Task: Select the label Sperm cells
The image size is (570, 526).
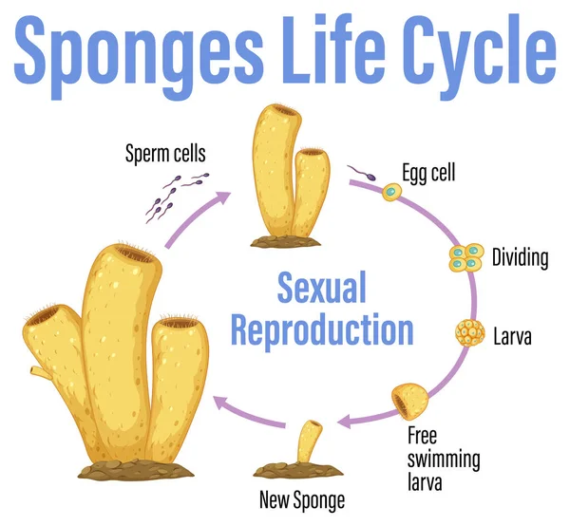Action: coord(165,152)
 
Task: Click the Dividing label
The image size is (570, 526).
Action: coord(520,256)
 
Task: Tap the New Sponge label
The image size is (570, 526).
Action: coord(303,499)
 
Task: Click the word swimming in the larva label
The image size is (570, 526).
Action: coord(444,460)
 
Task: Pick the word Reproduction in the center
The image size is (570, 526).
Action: coord(323,329)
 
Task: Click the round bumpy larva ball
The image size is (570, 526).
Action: coord(470,334)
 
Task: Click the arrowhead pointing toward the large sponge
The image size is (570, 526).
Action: coord(218,404)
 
